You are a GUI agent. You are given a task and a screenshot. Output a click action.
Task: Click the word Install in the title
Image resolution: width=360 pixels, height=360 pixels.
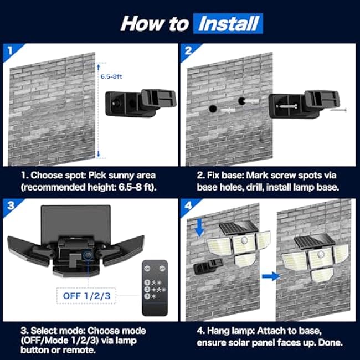click(x=229, y=23)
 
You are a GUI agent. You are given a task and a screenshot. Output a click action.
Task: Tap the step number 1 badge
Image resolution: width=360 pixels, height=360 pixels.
click(x=10, y=50)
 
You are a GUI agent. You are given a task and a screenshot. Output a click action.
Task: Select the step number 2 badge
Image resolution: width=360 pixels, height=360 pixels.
click(x=189, y=50)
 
